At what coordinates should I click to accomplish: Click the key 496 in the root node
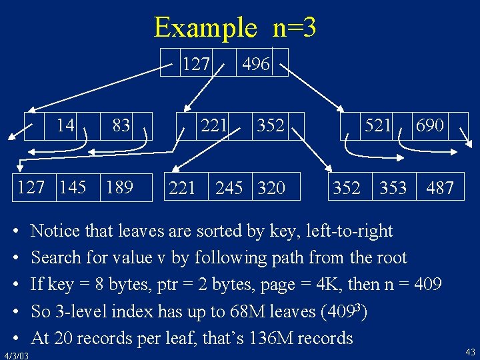[256, 64]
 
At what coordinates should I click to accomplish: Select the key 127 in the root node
[196, 64]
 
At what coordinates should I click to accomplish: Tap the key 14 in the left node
[65, 125]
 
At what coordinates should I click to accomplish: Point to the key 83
[121, 125]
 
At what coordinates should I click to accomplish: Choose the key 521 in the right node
[377, 125]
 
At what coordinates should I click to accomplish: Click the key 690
[430, 125]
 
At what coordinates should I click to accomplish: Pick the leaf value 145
[72, 187]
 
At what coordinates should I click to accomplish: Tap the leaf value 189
[119, 187]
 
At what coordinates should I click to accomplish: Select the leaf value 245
[229, 189]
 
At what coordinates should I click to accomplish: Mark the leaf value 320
[271, 189]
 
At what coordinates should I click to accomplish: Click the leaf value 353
[393, 189]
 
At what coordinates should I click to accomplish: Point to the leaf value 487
[440, 189]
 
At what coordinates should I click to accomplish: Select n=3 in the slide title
[294, 27]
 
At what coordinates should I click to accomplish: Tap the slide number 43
[470, 352]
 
